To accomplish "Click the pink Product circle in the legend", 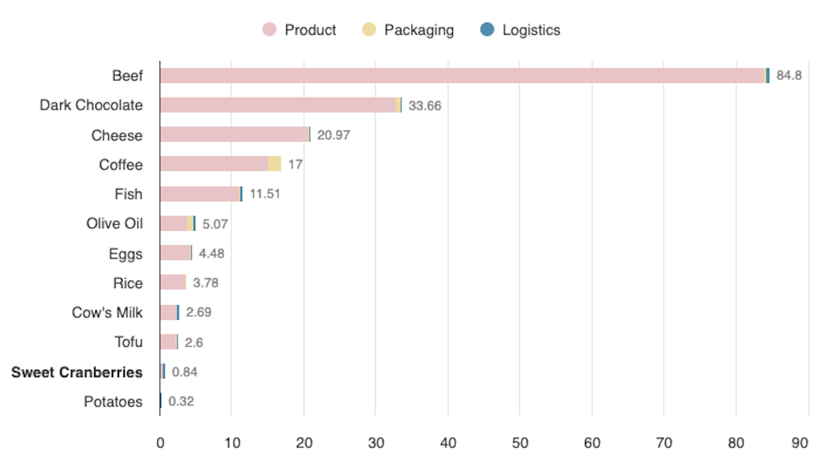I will pyautogui.click(x=269, y=30).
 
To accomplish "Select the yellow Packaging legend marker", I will pyautogui.click(x=369, y=30).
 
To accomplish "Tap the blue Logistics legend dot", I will pyautogui.click(x=487, y=29).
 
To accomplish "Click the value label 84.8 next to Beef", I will pyautogui.click(x=789, y=75).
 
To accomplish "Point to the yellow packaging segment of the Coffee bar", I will pyautogui.click(x=274, y=164).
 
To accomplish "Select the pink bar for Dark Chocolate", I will pyautogui.click(x=277, y=105).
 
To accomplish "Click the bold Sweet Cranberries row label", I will pyautogui.click(x=77, y=372).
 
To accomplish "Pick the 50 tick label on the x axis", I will pyautogui.click(x=520, y=443).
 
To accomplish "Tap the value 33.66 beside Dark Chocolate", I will pyautogui.click(x=425, y=106).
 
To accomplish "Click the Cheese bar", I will pyautogui.click(x=234, y=134).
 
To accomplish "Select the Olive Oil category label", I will pyautogui.click(x=114, y=223).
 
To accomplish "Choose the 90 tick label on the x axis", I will pyautogui.click(x=800, y=443).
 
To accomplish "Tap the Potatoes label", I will pyautogui.click(x=113, y=402).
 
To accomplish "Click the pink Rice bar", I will pyautogui.click(x=172, y=282).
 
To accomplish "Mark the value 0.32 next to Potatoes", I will pyautogui.click(x=181, y=401).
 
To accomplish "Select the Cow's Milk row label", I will pyautogui.click(x=107, y=312).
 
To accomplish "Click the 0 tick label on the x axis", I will pyautogui.click(x=160, y=443).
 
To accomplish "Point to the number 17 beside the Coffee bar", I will pyautogui.click(x=295, y=164).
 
